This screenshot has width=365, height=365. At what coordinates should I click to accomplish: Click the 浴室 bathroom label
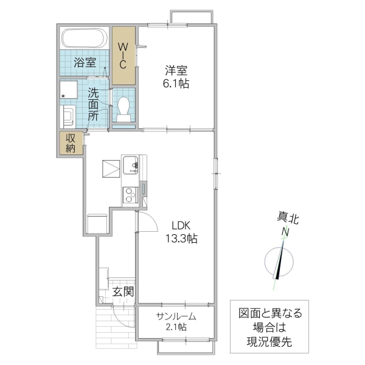click(x=85, y=62)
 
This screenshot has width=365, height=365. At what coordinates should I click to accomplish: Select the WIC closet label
click(x=122, y=55)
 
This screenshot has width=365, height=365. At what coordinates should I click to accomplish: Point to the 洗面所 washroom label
click(x=94, y=104)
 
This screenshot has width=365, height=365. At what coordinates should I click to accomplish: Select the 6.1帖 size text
click(x=176, y=83)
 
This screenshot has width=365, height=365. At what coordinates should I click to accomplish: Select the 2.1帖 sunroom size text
click(x=175, y=327)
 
